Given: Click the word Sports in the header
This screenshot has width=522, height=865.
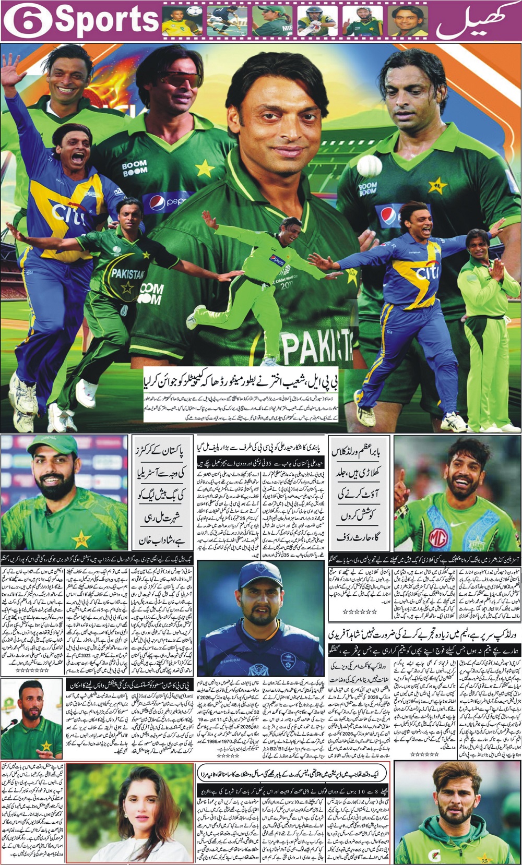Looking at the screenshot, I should click(106, 19).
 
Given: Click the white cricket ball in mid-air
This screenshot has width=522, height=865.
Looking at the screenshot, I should click(370, 166).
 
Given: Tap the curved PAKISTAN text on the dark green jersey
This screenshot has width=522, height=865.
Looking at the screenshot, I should click(128, 274).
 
